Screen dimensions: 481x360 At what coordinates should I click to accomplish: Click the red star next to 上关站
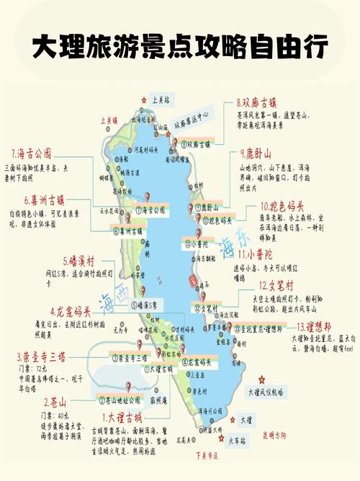[x=145, y=101]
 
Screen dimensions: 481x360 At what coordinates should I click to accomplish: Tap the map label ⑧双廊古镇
[x=194, y=144]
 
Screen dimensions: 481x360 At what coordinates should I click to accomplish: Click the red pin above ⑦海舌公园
[x=148, y=197]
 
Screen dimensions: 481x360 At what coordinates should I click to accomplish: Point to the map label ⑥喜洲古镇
[x=127, y=230]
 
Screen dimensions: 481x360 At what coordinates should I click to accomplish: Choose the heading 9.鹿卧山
[x=256, y=153]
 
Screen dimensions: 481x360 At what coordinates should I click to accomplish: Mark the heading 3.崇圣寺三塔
[x=43, y=356]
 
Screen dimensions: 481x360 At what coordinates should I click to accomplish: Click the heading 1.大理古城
[x=127, y=418]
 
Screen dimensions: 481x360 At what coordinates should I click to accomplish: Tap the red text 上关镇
[x=109, y=122]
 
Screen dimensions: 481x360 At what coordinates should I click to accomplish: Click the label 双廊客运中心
[x=191, y=115]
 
